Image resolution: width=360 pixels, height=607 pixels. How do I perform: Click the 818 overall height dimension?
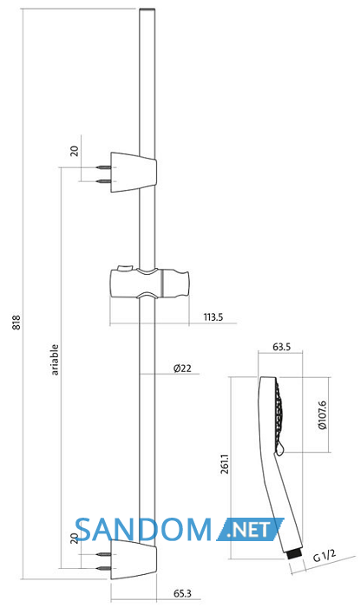coord(16,323)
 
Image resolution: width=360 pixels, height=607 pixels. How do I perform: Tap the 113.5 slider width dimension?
coord(213,317)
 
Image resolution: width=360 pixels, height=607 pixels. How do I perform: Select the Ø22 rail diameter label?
coord(182,369)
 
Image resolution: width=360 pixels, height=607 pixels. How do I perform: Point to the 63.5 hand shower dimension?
coord(281,347)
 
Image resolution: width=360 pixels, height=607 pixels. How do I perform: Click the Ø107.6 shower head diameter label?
coord(323,415)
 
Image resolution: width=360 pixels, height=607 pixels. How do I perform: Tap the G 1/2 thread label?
coord(324,556)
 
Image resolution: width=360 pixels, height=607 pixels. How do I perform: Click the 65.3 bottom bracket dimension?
coord(182,593)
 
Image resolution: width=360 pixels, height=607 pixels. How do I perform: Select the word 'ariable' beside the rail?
coord(55,360)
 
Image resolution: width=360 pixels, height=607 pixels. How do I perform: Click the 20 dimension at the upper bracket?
coord(75,151)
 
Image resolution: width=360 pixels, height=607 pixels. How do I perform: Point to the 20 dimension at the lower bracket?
coord(75,538)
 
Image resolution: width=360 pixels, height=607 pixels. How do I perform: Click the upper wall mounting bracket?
coord(134,173)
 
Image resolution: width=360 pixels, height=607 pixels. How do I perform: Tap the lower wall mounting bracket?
coord(134,560)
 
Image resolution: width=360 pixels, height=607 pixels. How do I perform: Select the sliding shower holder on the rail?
coord(150,284)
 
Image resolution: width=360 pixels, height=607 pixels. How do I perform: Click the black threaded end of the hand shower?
coord(294,555)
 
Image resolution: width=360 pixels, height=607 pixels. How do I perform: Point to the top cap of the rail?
coord(147,9)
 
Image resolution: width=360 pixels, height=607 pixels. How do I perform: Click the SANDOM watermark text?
coord(143,530)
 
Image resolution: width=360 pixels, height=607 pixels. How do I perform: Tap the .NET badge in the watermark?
coord(250,530)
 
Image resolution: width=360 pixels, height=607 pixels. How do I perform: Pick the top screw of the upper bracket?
coord(103,167)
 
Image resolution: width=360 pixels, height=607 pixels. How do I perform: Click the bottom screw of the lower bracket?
coord(103,568)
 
